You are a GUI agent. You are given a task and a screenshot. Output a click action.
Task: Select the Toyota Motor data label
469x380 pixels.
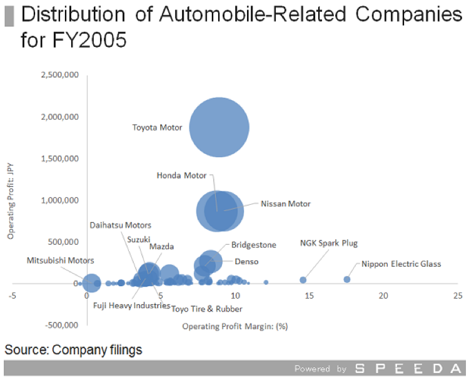(x=157, y=128)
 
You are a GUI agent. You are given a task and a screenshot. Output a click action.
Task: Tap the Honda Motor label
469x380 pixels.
(x=181, y=175)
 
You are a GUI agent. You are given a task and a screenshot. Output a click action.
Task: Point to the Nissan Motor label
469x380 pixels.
(x=285, y=203)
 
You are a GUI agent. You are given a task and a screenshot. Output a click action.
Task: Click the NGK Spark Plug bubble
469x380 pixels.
(x=303, y=280)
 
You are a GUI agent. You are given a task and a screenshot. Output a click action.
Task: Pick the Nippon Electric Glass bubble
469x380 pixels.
(x=347, y=279)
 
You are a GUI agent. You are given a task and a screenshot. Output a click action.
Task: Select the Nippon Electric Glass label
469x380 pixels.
(x=401, y=264)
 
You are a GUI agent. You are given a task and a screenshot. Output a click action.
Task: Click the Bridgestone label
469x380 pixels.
(x=253, y=245)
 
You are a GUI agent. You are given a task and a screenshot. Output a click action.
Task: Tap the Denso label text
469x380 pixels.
(x=246, y=262)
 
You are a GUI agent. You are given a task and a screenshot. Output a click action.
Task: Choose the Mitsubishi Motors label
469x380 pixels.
(x=61, y=260)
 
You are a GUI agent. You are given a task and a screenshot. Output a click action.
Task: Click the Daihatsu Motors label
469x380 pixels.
(x=120, y=225)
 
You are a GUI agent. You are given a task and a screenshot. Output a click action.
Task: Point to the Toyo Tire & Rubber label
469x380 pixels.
(x=207, y=309)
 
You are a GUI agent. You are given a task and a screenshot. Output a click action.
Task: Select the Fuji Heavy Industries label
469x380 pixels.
(x=131, y=306)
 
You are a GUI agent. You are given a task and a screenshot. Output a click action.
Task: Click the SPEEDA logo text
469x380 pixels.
(x=406, y=369)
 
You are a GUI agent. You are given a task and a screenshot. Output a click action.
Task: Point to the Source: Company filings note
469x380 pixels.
(x=73, y=350)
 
